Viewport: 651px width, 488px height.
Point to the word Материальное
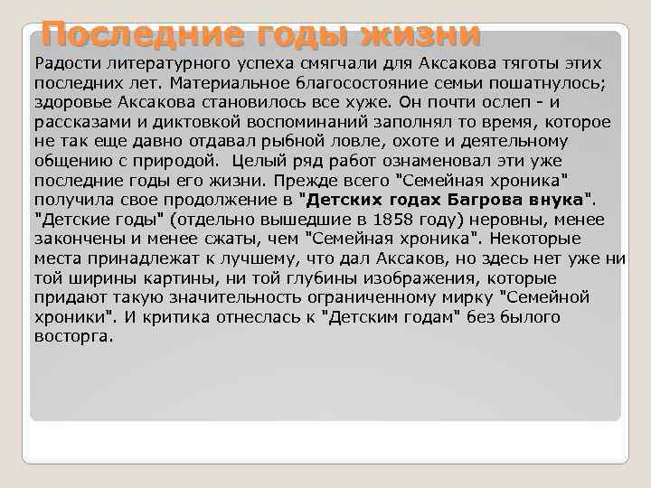pos(203,82)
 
